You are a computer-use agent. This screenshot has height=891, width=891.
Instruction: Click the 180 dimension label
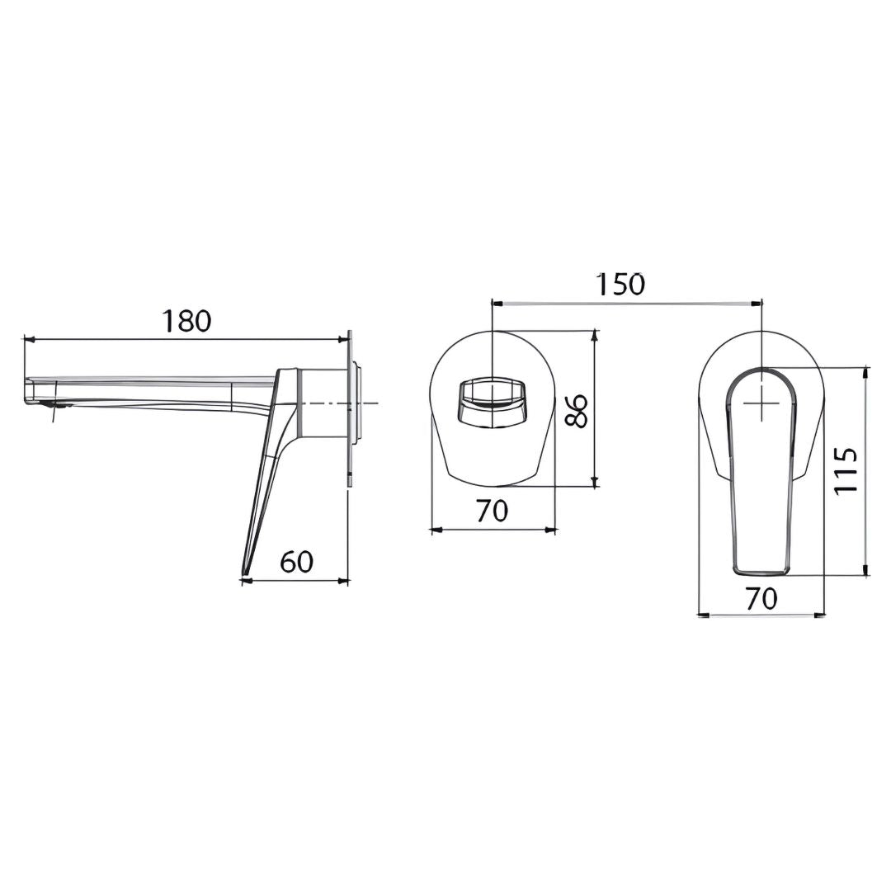pyautogui.click(x=187, y=322)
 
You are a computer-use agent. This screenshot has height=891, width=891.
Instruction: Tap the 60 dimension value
pyautogui.click(x=297, y=562)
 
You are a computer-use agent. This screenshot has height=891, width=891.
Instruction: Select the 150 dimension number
pyautogui.click(x=620, y=285)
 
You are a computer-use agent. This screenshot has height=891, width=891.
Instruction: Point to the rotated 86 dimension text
pyautogui.click(x=575, y=412)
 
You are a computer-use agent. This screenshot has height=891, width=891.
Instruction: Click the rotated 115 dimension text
pyautogui.click(x=846, y=470)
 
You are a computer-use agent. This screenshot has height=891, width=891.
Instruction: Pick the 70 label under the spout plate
pyautogui.click(x=492, y=511)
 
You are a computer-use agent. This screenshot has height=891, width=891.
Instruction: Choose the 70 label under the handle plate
pyautogui.click(x=761, y=598)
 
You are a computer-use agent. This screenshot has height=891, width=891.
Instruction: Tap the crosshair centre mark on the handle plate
pyautogui.click(x=761, y=403)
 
